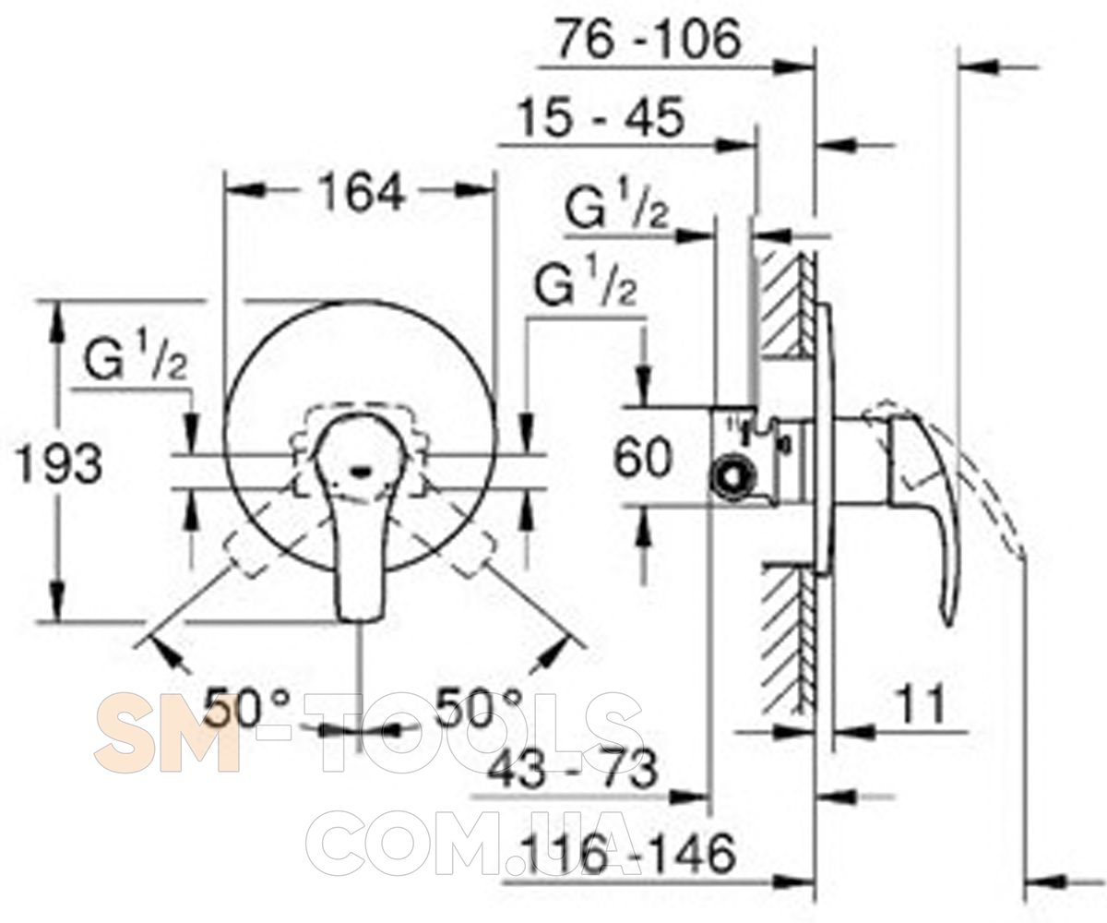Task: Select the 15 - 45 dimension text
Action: pyautogui.click(x=601, y=117)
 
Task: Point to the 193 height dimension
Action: pyautogui.click(x=59, y=463)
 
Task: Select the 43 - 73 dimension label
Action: pyautogui.click(x=572, y=770)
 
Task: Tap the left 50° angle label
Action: pyautogui.click(x=247, y=707)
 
